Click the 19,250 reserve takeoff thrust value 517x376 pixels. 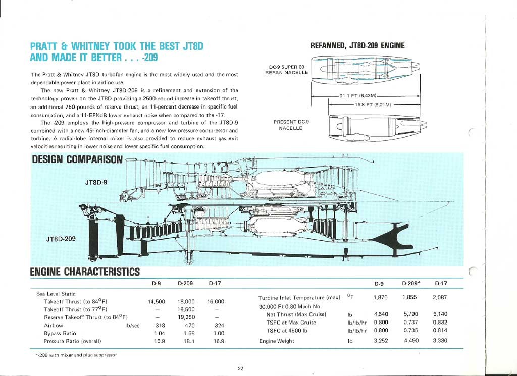point(186,317)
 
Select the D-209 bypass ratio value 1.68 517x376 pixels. point(186,334)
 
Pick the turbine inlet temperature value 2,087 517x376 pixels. point(440,297)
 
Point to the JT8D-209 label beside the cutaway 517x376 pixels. point(61,239)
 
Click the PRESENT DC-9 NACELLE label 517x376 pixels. point(291,125)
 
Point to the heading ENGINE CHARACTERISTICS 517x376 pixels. point(85,273)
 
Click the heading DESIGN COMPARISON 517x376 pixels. point(77,160)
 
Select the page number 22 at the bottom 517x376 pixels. point(240,368)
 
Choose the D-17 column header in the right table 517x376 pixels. point(440,283)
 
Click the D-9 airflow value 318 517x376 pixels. point(161,326)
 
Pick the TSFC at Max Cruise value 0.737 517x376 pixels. point(411,322)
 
